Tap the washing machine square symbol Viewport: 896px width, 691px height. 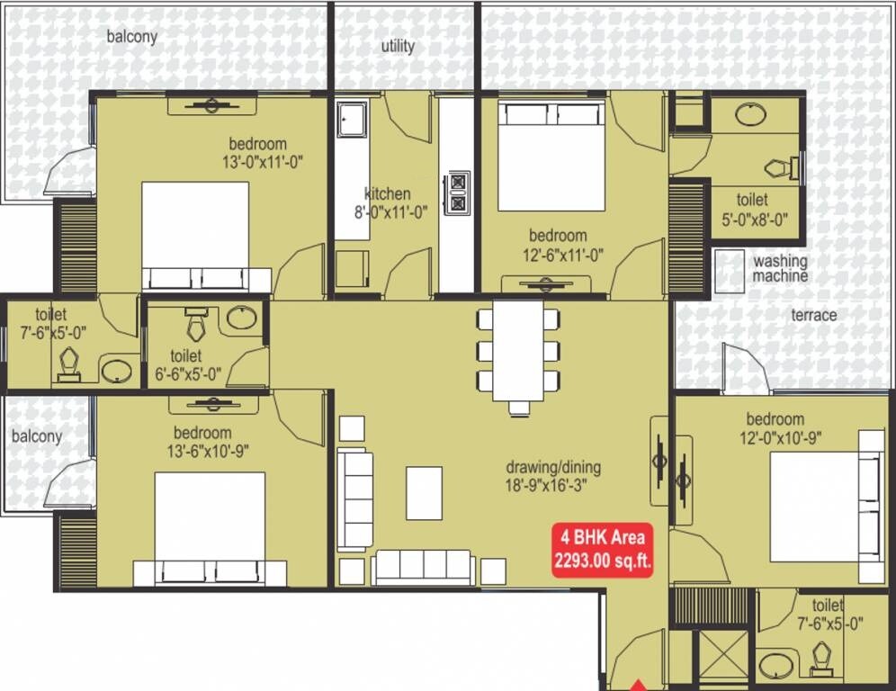click(x=730, y=271)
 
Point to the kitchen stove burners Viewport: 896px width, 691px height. click(x=457, y=193)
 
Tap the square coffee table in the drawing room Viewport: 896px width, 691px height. click(x=424, y=492)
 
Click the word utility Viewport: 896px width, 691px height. click(x=398, y=46)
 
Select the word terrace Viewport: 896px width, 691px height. click(x=813, y=315)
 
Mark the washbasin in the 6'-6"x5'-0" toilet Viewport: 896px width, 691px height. click(x=240, y=317)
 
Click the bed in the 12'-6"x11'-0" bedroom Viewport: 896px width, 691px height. click(x=551, y=158)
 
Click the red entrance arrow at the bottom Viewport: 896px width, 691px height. click(x=637, y=683)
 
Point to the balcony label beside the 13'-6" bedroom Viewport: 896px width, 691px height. click(x=37, y=436)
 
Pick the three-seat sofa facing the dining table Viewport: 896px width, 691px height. click(x=423, y=567)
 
